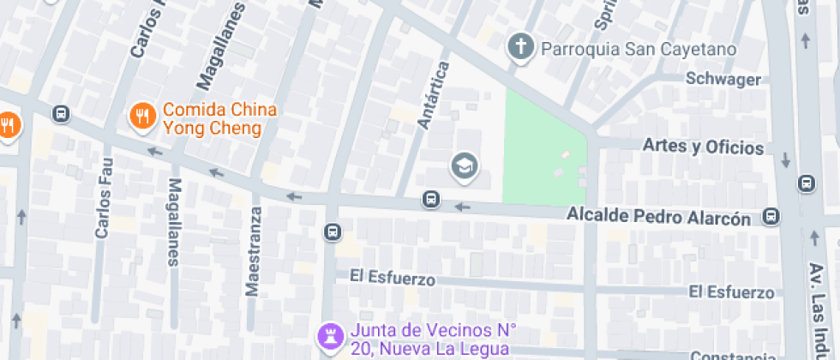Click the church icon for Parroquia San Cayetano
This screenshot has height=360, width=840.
point(519,47)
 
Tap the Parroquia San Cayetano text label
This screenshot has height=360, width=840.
point(638,49)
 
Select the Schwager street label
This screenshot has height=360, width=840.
point(723,80)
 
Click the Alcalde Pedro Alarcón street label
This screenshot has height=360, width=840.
point(658,219)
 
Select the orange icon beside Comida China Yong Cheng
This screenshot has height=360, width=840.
point(141,115)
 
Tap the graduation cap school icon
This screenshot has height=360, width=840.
point(465,165)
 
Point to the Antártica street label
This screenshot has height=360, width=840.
point(434,95)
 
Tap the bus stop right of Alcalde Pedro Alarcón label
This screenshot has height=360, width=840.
point(772,217)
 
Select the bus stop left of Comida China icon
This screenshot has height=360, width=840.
point(60,114)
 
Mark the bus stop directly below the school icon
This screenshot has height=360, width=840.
point(430,201)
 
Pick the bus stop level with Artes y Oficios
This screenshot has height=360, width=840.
point(806,183)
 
